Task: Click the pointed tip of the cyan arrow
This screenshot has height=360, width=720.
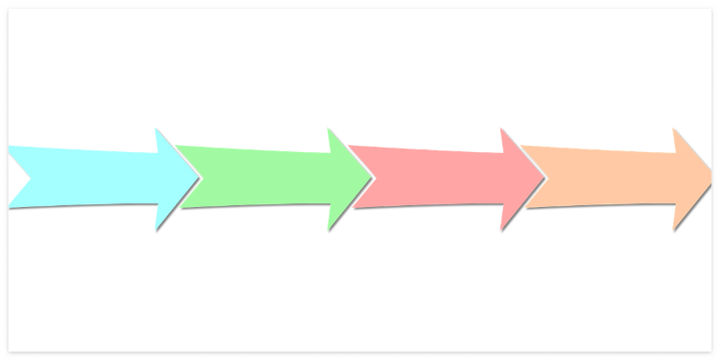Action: click(198, 178)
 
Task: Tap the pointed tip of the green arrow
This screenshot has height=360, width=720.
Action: click(371, 178)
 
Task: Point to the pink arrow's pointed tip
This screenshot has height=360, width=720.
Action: click(544, 178)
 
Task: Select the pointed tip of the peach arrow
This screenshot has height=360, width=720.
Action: click(711, 178)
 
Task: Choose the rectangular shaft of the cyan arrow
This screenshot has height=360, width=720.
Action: click(90, 176)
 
